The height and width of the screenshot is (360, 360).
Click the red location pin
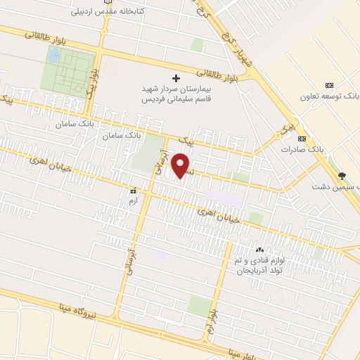(182, 165)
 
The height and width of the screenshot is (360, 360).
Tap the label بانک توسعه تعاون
(329, 94)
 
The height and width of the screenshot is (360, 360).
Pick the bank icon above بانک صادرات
(302, 139)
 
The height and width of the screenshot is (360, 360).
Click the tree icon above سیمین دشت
(342, 176)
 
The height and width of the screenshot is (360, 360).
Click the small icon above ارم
(132, 190)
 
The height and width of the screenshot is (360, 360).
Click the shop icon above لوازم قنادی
(259, 250)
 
